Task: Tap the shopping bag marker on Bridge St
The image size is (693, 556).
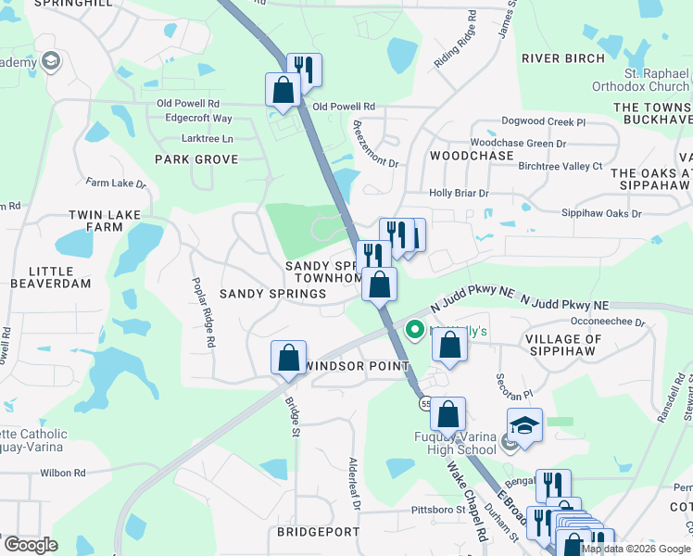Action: tap(289, 357)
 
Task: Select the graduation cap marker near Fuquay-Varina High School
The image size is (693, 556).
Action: tap(524, 425)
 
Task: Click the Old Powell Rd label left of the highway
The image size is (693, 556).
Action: tap(188, 104)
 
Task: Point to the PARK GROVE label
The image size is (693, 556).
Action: tap(196, 159)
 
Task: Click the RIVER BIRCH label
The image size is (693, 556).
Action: tap(563, 58)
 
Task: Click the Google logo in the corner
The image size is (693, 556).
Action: tap(30, 545)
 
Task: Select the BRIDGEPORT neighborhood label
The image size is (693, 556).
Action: tap(318, 532)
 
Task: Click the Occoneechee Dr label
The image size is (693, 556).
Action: tap(609, 322)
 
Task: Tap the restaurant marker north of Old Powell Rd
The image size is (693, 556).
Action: tap(304, 69)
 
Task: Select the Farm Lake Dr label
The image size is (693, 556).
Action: tap(109, 183)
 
